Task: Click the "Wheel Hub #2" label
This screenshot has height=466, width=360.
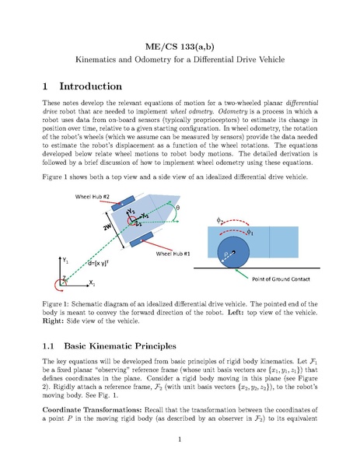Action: [x=92, y=197]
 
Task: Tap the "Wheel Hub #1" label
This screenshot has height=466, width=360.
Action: [x=173, y=254]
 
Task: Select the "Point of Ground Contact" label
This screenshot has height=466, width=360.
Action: [x=281, y=279]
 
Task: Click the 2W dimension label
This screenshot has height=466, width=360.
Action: [x=107, y=226]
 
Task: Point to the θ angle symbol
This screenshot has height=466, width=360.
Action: [x=177, y=208]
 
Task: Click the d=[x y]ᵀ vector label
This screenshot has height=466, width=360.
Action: [x=98, y=263]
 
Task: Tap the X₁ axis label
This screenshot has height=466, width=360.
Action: [x=92, y=283]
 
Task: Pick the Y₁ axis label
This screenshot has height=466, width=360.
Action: [x=65, y=261]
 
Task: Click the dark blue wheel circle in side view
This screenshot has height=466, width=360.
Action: [x=233, y=252]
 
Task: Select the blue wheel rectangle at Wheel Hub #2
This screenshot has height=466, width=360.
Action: [x=123, y=203]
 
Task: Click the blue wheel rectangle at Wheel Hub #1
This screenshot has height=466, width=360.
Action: [x=142, y=240]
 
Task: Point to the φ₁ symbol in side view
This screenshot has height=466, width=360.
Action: [x=250, y=232]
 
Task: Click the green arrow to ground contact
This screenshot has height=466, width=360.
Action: [x=242, y=274]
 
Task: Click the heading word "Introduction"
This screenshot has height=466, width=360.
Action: [x=91, y=86]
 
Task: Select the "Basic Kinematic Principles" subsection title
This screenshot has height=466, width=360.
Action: [x=120, y=346]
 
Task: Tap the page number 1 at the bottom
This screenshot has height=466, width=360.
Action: [x=180, y=440]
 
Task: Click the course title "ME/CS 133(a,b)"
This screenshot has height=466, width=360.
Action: [x=180, y=47]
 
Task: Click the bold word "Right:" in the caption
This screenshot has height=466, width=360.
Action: [x=53, y=321]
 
